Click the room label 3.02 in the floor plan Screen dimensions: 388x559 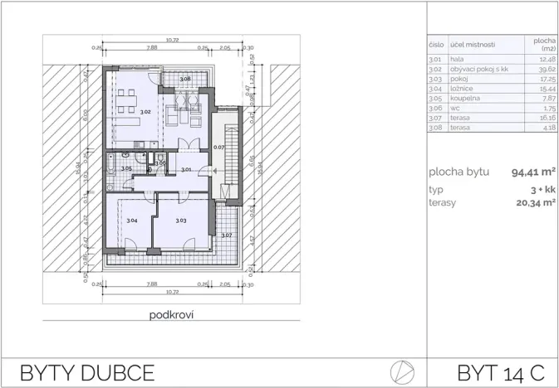pos(145,112)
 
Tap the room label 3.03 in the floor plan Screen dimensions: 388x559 pos(180,221)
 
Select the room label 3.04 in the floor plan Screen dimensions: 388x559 pos(131,221)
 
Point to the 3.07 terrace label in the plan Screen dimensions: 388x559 pos(226,235)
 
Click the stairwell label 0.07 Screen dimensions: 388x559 pos(218,147)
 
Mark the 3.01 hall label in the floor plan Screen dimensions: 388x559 pos(187,170)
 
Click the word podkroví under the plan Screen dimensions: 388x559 pos(172,315)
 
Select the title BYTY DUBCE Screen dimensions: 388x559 pos(86,371)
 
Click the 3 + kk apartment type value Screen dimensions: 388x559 pos(543,190)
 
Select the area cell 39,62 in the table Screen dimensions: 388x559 pos(546,69)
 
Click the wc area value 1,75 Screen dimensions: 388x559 pos(547,108)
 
